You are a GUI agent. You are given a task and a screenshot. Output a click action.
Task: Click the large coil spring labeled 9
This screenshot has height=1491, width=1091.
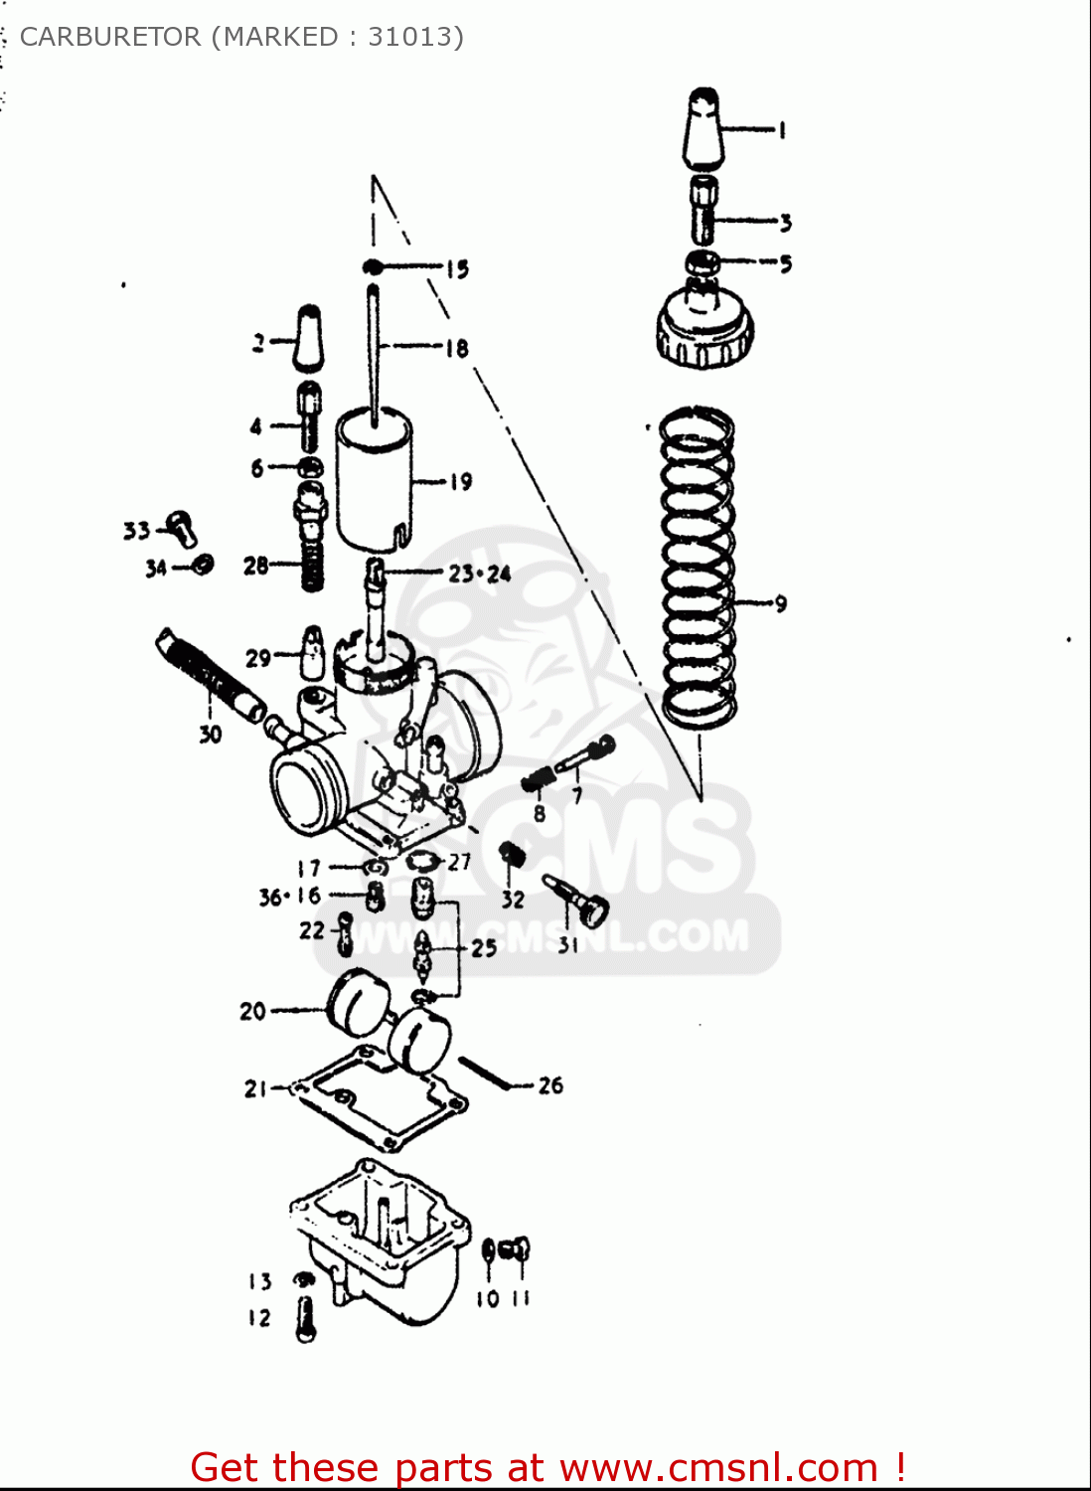pyautogui.click(x=699, y=567)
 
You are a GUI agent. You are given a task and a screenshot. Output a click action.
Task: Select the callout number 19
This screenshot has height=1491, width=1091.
pyautogui.click(x=461, y=482)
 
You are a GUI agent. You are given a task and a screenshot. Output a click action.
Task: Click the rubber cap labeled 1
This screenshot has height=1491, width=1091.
pyautogui.click(x=703, y=129)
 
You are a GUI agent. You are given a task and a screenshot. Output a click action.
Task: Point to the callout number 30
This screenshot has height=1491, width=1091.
pyautogui.click(x=210, y=735)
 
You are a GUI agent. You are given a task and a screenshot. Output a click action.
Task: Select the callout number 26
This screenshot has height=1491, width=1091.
pyautogui.click(x=550, y=1085)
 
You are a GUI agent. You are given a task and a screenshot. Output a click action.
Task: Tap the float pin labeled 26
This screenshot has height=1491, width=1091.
pyautogui.click(x=486, y=1075)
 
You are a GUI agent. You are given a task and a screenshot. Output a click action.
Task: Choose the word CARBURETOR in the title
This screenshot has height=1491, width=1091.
pyautogui.click(x=110, y=37)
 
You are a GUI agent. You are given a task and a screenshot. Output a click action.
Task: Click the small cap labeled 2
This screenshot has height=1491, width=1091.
pyautogui.click(x=309, y=338)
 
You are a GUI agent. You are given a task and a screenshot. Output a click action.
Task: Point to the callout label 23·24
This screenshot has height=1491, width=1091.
pyautogui.click(x=480, y=574)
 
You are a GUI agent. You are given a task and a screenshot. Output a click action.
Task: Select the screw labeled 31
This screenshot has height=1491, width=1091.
pyautogui.click(x=578, y=899)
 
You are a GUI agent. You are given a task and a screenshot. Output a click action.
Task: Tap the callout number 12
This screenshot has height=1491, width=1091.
pyautogui.click(x=259, y=1318)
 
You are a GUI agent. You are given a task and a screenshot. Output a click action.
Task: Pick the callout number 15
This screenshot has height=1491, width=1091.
pyautogui.click(x=456, y=269)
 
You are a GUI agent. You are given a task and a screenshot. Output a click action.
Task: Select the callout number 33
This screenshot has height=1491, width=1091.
pyautogui.click(x=136, y=531)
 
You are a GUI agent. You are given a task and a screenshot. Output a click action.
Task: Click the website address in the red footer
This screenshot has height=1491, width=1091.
pyautogui.click(x=718, y=1468)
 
